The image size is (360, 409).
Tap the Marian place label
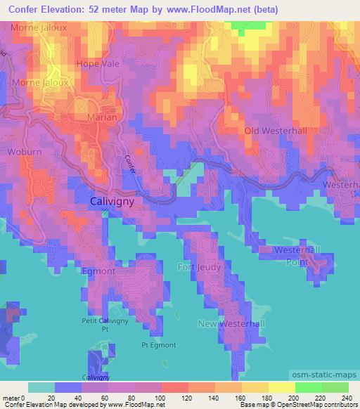(x=101, y=117)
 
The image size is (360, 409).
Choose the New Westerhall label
(x=231, y=323)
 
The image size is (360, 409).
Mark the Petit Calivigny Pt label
(x=105, y=324)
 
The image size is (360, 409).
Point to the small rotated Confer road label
(x=131, y=165)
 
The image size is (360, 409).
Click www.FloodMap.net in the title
(x=210, y=10)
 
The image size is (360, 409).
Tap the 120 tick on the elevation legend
(x=188, y=397)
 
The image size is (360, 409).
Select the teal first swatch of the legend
(x=41, y=387)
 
